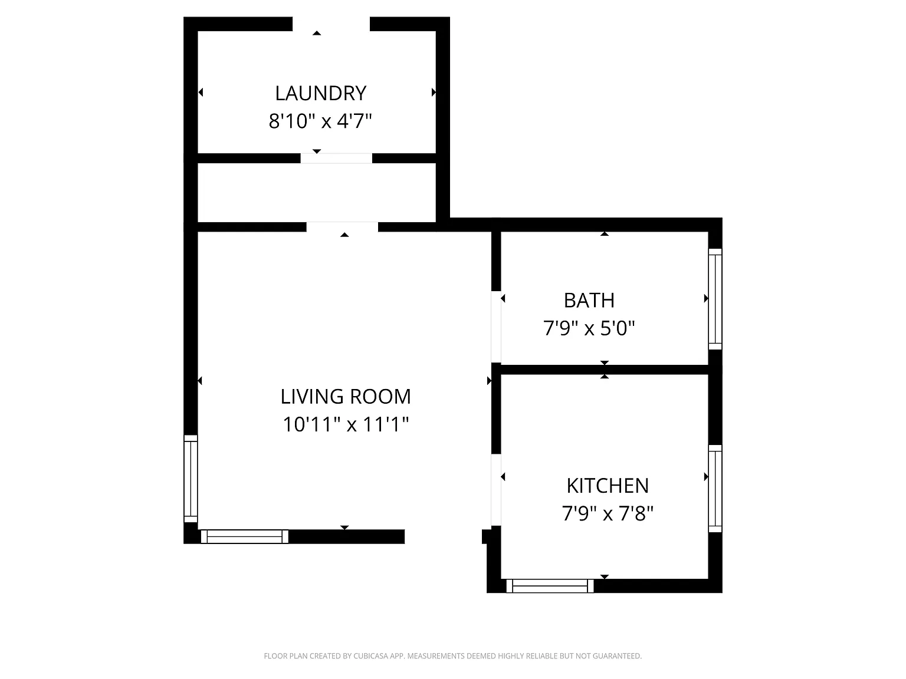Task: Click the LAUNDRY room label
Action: pos(321,93)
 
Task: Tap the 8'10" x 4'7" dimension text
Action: pos(320,121)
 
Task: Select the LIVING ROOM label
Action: pos(346,397)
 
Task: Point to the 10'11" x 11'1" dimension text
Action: pos(346,424)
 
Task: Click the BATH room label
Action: pos(589,301)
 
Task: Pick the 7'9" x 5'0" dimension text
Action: pos(589,328)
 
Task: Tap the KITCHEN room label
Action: pos(608,486)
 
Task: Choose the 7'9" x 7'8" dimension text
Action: pos(608,514)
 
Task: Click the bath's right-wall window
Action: pos(715,299)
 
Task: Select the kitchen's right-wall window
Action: pos(715,489)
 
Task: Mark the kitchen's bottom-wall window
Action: pos(550,586)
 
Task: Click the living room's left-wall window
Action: pos(191,479)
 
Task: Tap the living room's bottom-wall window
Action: pos(244,537)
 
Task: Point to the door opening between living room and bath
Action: pos(496,327)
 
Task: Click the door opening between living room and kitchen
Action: pos(496,490)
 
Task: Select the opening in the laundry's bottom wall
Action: pos(336,159)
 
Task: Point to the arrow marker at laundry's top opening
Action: pos(317,33)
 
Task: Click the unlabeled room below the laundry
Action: pos(317,193)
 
